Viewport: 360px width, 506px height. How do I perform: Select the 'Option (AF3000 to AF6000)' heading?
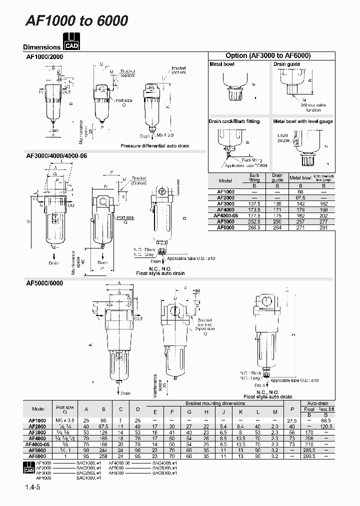268,56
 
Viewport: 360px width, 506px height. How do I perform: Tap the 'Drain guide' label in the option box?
286,64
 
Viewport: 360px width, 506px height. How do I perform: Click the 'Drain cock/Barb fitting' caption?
234,121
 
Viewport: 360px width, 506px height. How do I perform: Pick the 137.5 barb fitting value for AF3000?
254,204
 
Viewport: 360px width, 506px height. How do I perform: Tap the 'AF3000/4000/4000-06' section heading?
56,155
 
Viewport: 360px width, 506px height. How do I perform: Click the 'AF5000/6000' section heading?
44,282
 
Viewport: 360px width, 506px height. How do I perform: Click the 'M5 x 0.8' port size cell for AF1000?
64,420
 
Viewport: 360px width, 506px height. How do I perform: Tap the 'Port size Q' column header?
64,408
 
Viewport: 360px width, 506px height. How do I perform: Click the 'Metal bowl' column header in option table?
300,177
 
